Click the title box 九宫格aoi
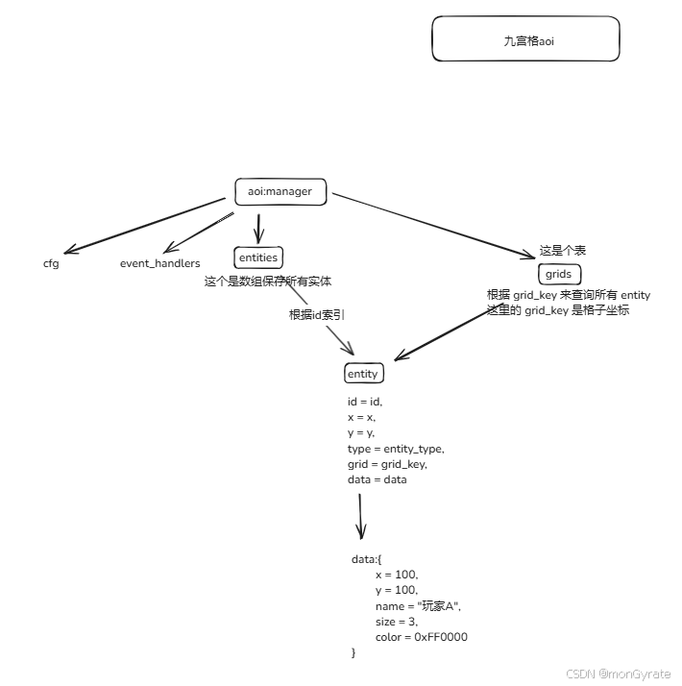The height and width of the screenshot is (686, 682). click(525, 39)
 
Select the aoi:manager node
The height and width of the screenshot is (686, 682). click(280, 191)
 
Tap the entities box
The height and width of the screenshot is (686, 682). click(257, 257)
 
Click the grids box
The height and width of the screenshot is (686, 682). click(558, 274)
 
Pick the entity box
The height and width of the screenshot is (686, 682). click(362, 374)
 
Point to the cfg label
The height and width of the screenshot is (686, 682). click(51, 263)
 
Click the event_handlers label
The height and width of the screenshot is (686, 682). click(159, 263)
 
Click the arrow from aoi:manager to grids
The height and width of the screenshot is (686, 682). click(432, 225)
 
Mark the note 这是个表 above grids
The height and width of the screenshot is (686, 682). click(563, 250)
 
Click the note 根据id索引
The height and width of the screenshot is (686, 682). click(317, 315)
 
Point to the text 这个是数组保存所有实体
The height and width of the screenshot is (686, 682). click(268, 282)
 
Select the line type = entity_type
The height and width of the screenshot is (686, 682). click(396, 449)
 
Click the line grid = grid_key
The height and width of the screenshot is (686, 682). click(387, 464)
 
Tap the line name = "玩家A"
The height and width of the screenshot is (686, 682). click(419, 606)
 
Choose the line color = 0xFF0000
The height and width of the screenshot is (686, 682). click(421, 637)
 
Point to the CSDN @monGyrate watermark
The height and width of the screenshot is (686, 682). click(618, 674)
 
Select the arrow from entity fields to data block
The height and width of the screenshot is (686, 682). click(361, 517)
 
